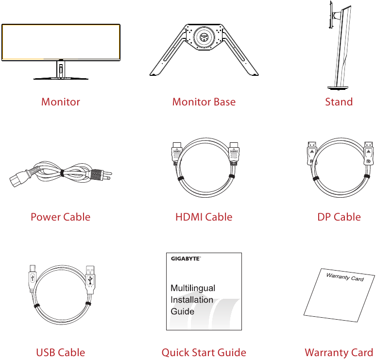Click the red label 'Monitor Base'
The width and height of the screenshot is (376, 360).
pos(204,102)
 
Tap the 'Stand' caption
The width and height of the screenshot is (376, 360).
pos(339,102)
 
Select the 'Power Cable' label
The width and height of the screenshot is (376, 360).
pos(60,217)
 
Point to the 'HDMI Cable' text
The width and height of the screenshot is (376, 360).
pos(204,217)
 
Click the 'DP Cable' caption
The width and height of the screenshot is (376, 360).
pos(339,217)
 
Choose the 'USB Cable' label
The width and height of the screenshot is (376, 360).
pos(60,353)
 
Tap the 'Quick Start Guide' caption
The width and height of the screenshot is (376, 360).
pos(204,353)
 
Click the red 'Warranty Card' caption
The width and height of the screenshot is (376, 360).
pos(339,353)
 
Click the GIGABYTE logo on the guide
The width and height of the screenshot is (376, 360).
pos(186,259)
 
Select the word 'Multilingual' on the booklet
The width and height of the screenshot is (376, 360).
pos(193,288)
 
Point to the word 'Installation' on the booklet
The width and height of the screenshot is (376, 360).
pos(192,300)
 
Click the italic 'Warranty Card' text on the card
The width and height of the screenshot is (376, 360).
pos(345,277)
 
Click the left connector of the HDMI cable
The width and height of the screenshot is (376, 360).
pos(176,154)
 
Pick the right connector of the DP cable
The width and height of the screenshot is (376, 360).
pos(368,154)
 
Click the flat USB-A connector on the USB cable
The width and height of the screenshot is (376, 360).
pos(90,279)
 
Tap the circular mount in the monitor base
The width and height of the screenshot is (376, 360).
pos(204,37)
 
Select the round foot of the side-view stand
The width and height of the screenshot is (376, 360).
pos(338,88)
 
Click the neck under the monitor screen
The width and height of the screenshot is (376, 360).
pos(61,69)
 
